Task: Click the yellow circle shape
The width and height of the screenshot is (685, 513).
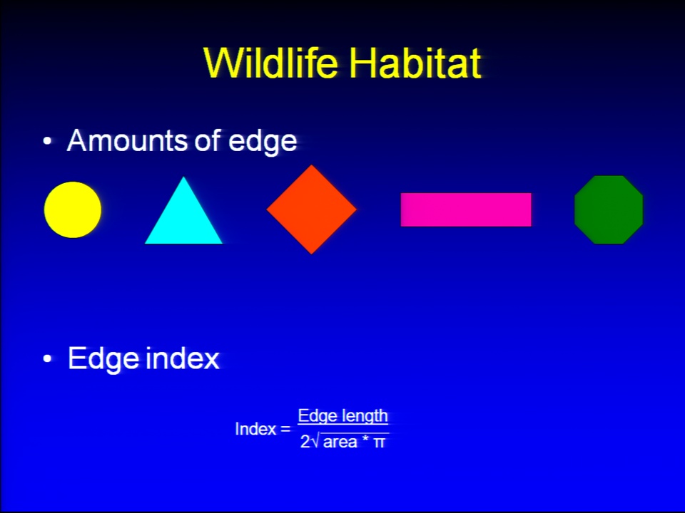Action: (73, 209)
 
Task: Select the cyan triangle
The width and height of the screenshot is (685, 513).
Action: (183, 218)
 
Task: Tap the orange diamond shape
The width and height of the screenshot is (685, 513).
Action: (312, 209)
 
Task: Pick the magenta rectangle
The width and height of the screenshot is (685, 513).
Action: (466, 209)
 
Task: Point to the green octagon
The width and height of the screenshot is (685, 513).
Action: (609, 209)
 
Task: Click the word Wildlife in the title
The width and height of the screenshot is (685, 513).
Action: (271, 63)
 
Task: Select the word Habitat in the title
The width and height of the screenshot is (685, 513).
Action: (415, 63)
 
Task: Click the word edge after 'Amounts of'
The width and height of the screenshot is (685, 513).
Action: (263, 142)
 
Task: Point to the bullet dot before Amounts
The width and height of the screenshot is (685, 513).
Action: (47, 141)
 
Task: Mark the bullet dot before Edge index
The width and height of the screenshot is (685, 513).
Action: (47, 358)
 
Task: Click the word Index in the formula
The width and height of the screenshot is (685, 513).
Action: (255, 429)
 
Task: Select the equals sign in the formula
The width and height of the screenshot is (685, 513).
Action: (285, 430)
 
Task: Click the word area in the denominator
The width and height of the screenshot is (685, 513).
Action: (340, 442)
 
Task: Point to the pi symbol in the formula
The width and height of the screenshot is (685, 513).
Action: (379, 443)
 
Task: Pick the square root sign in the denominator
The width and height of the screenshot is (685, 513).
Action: (316, 442)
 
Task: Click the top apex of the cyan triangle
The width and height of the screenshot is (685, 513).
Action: (183, 177)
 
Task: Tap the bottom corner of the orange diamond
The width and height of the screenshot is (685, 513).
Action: (312, 254)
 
